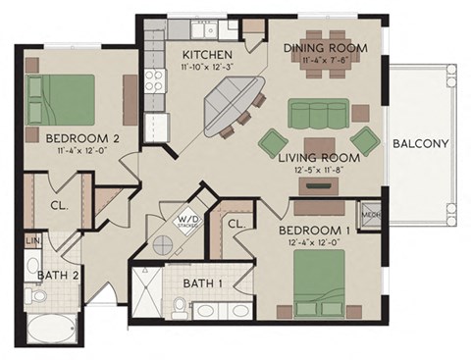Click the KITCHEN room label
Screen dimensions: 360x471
click(206, 54)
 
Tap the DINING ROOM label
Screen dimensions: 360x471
click(325, 47)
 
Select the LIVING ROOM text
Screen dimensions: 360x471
click(319, 156)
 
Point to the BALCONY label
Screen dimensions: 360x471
click(420, 143)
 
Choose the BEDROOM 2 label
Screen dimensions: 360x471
click(82, 139)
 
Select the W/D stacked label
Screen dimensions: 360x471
click(188, 222)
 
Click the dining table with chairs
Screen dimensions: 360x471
click(328, 74)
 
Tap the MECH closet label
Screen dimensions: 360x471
click(370, 211)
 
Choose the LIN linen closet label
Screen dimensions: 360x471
click(31, 240)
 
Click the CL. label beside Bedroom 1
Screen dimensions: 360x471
click(235, 224)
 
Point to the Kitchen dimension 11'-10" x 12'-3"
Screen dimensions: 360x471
click(206, 67)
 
